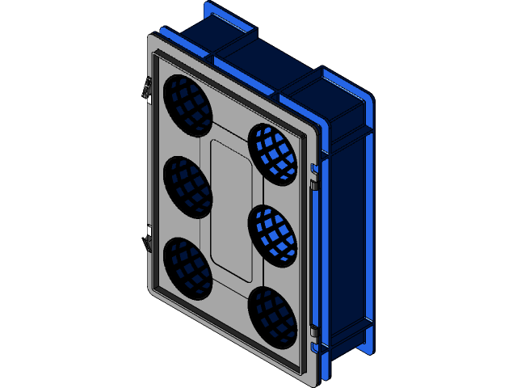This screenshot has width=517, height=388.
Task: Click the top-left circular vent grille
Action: tap(187, 105)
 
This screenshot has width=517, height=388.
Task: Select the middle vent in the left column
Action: tap(187, 186)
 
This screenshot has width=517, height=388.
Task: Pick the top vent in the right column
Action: tap(272, 154)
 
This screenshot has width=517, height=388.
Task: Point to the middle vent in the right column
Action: tap(272, 236)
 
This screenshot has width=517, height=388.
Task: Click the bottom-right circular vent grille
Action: tap(272, 317)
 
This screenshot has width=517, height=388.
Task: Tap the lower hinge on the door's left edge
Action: tap(149, 240)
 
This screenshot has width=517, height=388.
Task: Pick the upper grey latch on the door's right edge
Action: tap(313, 186)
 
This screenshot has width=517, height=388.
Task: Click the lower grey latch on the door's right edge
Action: tap(313, 331)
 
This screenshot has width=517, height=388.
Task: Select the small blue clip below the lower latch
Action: tap(313, 348)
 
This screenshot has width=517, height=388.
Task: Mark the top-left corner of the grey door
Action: tap(152, 36)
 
